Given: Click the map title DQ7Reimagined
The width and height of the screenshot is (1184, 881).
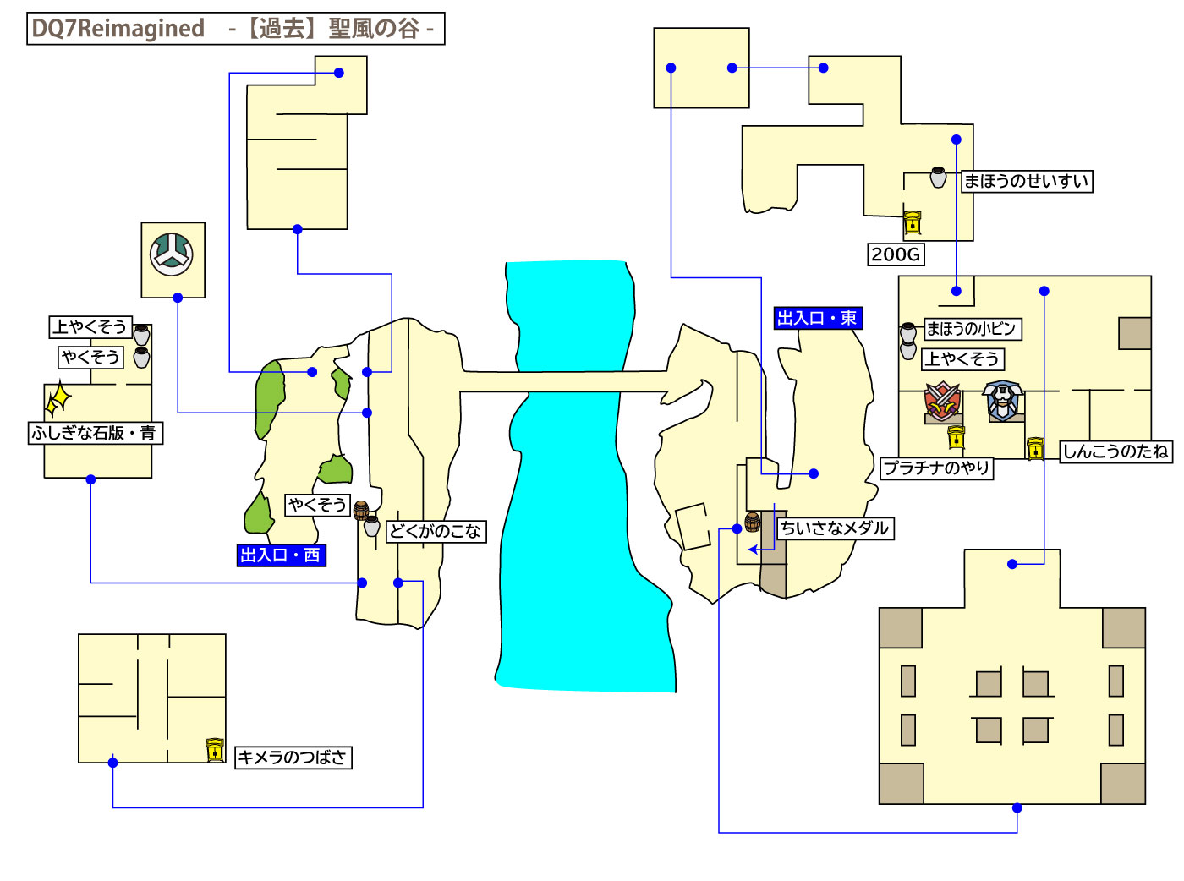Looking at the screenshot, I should pyautogui.click(x=118, y=29).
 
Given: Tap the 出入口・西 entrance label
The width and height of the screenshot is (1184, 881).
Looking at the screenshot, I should pyautogui.click(x=280, y=555).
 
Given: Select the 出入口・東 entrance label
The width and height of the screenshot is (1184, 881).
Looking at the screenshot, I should pyautogui.click(x=817, y=319).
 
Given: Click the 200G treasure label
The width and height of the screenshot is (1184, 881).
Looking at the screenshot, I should pyautogui.click(x=896, y=254).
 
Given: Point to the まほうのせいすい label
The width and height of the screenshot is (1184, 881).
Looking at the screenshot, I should pyautogui.click(x=1026, y=181).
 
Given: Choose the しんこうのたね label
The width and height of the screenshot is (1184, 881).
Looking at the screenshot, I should pyautogui.click(x=1115, y=451).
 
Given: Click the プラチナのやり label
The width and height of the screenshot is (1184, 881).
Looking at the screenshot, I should pyautogui.click(x=936, y=468).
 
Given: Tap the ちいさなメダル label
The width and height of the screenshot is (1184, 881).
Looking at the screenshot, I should pyautogui.click(x=835, y=528).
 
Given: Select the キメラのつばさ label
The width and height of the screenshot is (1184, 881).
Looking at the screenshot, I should pyautogui.click(x=292, y=758).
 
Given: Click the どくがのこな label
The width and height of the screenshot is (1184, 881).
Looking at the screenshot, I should pyautogui.click(x=436, y=531).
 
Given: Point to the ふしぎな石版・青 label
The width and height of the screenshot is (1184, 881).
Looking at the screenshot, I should pyautogui.click(x=94, y=433).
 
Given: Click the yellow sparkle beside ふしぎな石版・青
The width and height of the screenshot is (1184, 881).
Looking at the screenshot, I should pyautogui.click(x=58, y=399).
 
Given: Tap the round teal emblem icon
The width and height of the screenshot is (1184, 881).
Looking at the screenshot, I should pyautogui.click(x=172, y=254).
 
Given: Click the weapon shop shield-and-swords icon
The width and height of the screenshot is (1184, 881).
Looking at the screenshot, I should pyautogui.click(x=943, y=402).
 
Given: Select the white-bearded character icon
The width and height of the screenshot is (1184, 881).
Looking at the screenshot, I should pyautogui.click(x=1002, y=401).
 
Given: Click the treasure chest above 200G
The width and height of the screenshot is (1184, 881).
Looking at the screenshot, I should pyautogui.click(x=912, y=222).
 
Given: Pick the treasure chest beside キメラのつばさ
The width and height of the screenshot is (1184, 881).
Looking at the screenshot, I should pyautogui.click(x=215, y=750).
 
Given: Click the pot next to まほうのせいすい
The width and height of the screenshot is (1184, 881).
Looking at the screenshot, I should pyautogui.click(x=938, y=177).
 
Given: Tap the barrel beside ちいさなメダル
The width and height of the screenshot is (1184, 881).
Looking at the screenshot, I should pyautogui.click(x=752, y=522).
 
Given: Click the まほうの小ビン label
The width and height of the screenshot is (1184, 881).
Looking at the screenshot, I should pyautogui.click(x=970, y=329).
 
